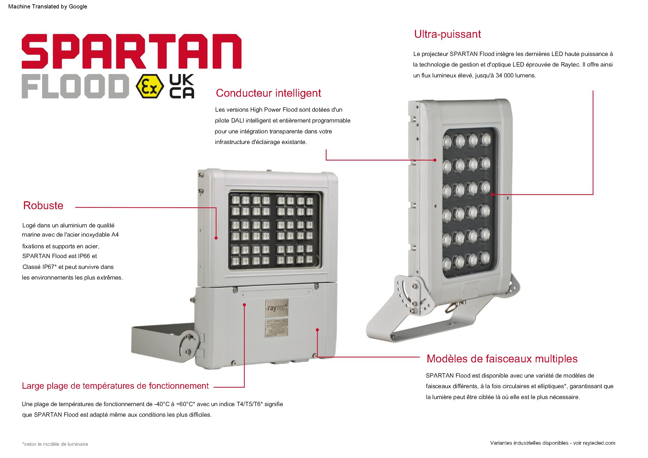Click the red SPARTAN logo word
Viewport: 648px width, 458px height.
(132, 51)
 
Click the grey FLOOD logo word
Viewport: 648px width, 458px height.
(75, 86)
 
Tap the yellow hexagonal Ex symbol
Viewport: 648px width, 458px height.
(150, 86)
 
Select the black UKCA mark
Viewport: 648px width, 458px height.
(182, 86)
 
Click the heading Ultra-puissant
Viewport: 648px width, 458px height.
(447, 34)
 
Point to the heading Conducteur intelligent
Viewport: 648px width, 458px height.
(268, 93)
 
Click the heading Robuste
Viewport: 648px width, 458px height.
(43, 206)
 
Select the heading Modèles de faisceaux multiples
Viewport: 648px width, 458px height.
(502, 359)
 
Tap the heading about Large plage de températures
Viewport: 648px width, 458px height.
(115, 386)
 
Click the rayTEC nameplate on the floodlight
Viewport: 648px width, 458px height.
(277, 308)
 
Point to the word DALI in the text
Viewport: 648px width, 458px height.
(238, 121)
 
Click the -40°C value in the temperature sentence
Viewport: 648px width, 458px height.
(162, 404)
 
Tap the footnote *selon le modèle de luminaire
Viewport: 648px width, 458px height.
(55, 444)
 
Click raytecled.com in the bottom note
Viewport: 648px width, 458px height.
(599, 443)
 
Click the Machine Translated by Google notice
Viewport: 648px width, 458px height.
(48, 7)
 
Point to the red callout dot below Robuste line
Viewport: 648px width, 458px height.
(216, 238)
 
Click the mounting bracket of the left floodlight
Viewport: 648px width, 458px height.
(165, 343)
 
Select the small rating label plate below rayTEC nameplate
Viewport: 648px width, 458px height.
(277, 328)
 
